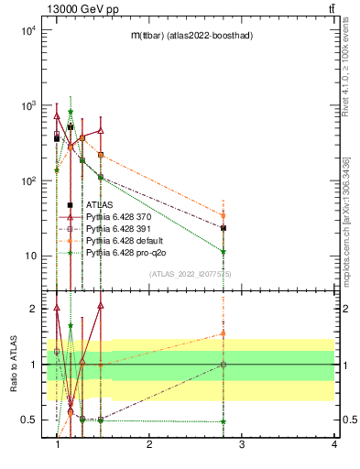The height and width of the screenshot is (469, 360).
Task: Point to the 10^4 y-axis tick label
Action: [x=26, y=30]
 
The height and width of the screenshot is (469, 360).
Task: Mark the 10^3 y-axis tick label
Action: [x=26, y=105]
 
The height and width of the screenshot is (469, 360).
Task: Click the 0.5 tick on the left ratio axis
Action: [x=27, y=420]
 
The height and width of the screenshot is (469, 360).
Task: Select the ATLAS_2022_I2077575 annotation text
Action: [x=191, y=274]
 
